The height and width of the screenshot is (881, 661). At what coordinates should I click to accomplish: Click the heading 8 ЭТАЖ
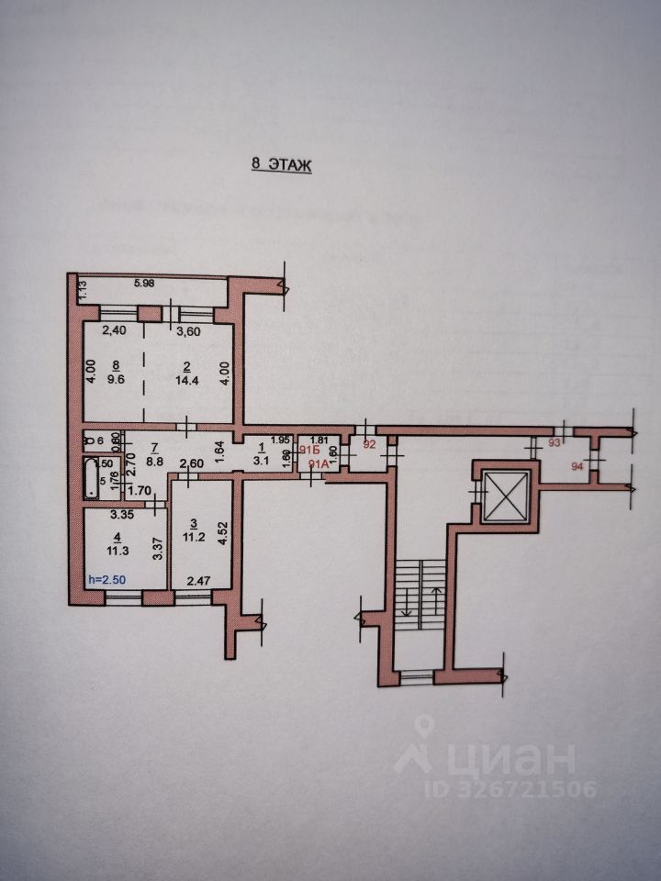tap(282, 165)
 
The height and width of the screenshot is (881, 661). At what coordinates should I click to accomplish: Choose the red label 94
tap(577, 466)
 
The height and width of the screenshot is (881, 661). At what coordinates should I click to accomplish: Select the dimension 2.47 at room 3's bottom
tap(199, 580)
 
